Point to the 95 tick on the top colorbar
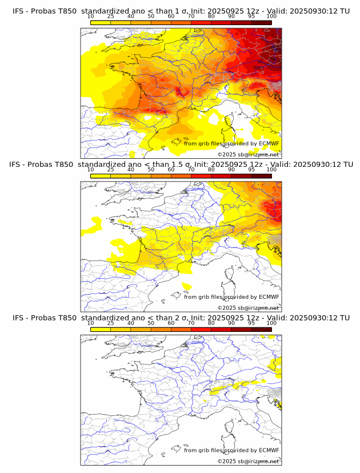[x=251, y=16]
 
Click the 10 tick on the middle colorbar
[x=90, y=170]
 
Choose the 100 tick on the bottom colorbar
[x=271, y=323]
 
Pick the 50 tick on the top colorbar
[x=151, y=16]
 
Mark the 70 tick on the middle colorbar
[x=191, y=170]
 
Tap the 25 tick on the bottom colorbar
[x=110, y=323]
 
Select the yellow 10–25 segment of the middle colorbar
[x=101, y=176]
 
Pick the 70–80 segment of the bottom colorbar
[x=201, y=330]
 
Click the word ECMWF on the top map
[x=269, y=143]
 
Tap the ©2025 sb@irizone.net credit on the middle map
[x=248, y=307]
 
